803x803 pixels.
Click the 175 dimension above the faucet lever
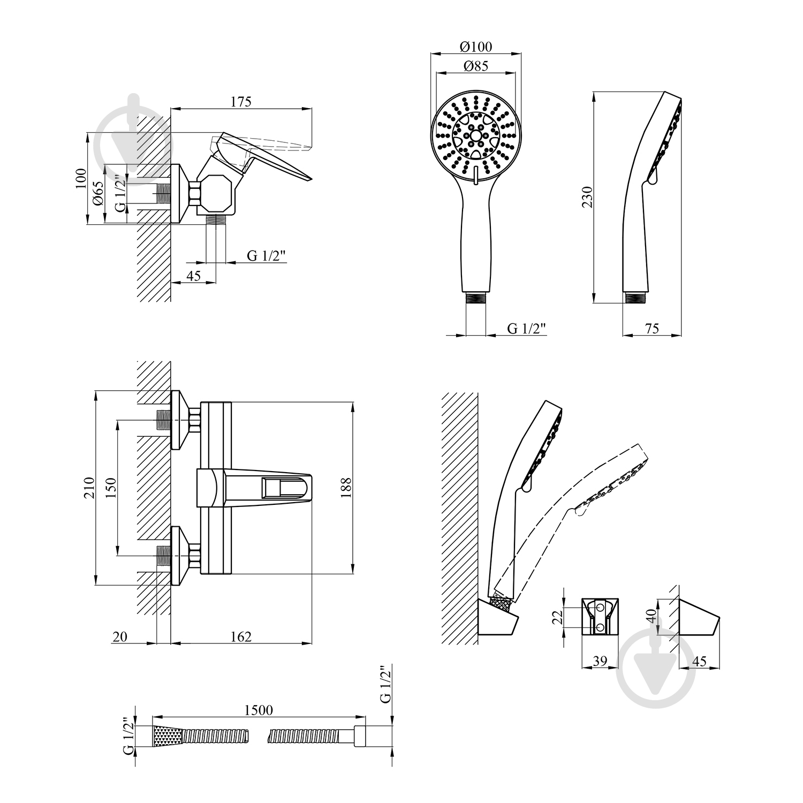[x=241, y=102]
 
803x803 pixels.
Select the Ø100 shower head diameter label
[x=475, y=47]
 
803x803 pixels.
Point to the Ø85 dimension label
[x=475, y=66]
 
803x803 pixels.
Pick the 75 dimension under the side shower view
[x=652, y=328]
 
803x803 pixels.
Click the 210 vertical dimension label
[x=89, y=488]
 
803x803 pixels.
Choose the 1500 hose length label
[x=259, y=710]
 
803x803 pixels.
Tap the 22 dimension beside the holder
[x=557, y=617]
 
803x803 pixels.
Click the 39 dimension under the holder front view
[x=600, y=661]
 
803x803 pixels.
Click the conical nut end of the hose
[x=168, y=736]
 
